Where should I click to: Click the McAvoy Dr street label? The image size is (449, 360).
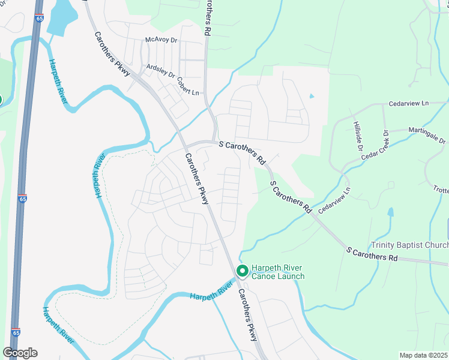tap(161, 40)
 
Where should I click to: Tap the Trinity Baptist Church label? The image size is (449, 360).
tap(409, 245)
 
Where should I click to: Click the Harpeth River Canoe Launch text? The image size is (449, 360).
tap(278, 272)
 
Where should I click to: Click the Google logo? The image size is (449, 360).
tap(20, 352)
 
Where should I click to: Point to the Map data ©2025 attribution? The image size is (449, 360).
tap(424, 355)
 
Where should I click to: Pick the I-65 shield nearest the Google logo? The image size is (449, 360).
tap(16, 332)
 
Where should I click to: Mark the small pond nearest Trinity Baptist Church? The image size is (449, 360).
tap(391, 212)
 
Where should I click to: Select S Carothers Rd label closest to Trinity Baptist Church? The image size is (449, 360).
tap(372, 253)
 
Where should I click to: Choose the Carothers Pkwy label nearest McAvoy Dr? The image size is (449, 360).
tap(112, 53)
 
